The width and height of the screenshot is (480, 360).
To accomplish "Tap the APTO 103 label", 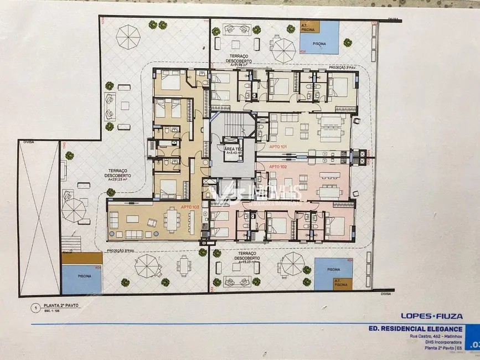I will coord(189,207).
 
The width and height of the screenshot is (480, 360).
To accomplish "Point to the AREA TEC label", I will coord(232,149).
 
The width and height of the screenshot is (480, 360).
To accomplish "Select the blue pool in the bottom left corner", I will coord(81,279).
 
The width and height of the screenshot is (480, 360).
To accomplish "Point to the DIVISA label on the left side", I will coord(29,142).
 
